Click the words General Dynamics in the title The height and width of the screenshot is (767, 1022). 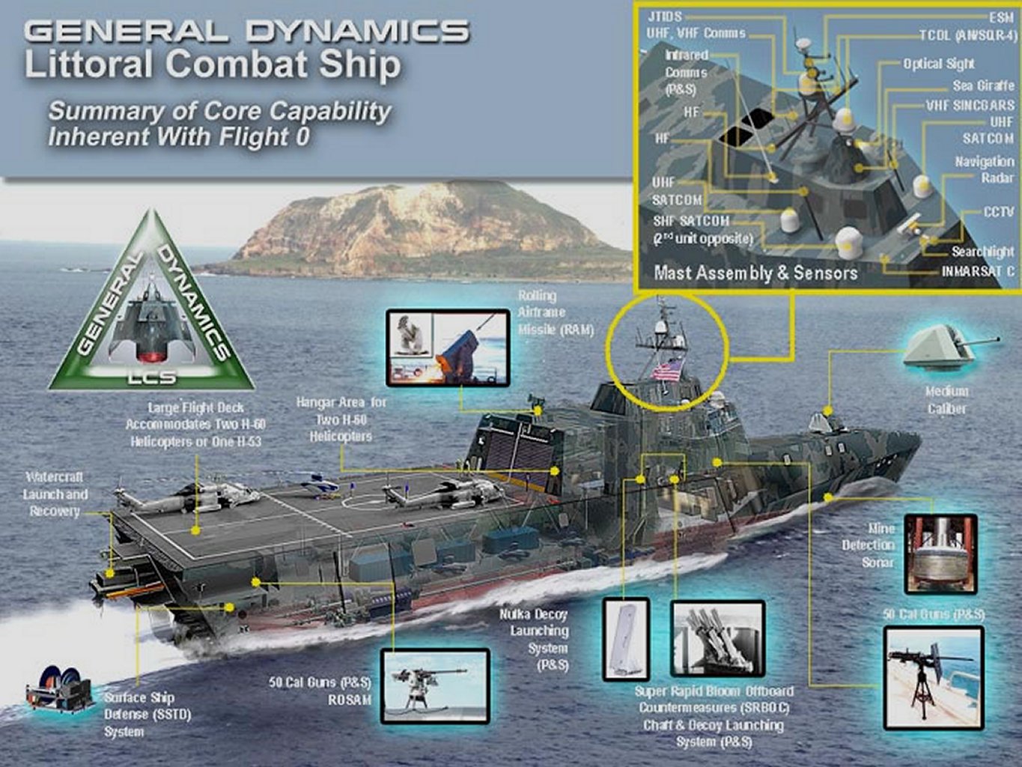pos(247,31)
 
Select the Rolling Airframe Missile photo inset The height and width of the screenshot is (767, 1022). pos(448,347)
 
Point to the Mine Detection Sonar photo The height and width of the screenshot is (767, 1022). pos(940,554)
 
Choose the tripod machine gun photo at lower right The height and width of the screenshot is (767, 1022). pos(933,679)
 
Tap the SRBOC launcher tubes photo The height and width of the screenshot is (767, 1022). pos(717,639)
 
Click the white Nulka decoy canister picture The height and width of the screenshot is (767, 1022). pos(626,638)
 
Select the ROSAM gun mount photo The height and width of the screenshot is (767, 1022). pos(435,685)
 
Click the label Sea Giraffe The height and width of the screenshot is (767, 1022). pos(983,86)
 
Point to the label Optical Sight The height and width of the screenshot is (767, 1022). pos(938,64)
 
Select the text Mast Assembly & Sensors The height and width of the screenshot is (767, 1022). pos(755,273)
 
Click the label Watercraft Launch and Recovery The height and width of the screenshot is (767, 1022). pos(55,494)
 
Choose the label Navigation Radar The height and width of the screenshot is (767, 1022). pos(984,169)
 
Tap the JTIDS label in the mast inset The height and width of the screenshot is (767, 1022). pos(664,16)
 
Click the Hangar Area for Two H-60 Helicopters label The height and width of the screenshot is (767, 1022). pos(341,419)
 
